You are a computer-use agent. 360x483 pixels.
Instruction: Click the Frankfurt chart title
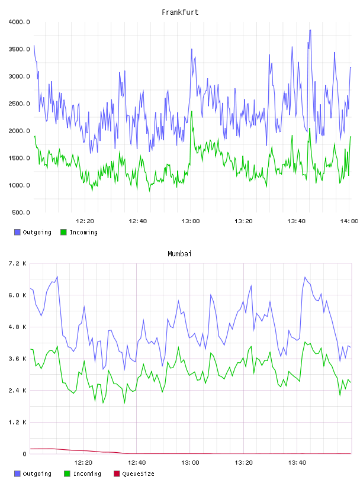180,12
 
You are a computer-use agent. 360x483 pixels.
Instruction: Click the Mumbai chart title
179,253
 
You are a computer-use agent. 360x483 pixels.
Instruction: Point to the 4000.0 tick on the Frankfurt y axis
19,22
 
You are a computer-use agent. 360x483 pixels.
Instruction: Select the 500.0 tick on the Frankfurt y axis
21,212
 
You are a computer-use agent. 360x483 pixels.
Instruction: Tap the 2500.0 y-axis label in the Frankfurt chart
19,104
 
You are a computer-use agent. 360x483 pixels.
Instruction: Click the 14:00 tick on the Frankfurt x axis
349,221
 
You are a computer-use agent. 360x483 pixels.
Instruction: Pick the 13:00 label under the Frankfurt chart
191,221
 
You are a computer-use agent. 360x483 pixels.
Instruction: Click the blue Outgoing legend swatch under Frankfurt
17,232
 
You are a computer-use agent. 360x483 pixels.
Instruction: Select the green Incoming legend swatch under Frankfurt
63,232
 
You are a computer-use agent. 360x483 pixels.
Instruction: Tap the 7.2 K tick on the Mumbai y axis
18,263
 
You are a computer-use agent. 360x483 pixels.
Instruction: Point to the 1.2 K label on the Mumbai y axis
18,422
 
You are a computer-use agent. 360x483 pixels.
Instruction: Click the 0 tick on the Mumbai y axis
25,454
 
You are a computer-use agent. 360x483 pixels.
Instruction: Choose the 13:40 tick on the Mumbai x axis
297,462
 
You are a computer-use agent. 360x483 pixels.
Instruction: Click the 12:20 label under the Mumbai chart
83,462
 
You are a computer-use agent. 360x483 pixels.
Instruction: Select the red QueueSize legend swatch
117,474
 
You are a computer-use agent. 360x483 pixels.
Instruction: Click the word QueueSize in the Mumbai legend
138,474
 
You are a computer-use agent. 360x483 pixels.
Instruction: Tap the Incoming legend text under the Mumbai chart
87,474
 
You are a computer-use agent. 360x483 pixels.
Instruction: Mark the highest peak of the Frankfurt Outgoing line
310,30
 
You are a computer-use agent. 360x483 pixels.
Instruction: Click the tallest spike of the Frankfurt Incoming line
192,111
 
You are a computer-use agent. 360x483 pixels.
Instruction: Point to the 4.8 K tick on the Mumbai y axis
18,327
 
